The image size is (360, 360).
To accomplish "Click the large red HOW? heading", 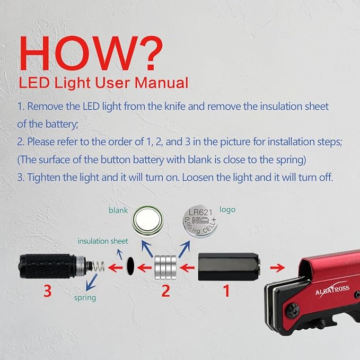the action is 91,53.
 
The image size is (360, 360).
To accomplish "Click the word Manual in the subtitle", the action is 161,83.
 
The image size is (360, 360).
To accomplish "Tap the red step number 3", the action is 47,291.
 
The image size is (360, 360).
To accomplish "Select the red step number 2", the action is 165,291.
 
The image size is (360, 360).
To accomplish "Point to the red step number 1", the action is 226,291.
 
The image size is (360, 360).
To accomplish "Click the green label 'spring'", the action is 85,298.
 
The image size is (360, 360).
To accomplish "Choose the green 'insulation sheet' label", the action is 103,241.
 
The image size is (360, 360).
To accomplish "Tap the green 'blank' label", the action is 118,210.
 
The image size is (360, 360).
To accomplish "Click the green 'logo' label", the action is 227,209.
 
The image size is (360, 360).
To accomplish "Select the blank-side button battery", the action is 147,221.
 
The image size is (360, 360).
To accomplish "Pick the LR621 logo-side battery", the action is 200,221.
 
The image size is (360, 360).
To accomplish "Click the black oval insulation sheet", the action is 130,266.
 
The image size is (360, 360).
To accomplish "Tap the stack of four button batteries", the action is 165,267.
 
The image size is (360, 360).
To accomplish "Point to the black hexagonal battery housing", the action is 229,267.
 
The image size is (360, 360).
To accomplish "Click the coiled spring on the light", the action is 98,267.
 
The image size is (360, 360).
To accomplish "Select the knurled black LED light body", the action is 47,266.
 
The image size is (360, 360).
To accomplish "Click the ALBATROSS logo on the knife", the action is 332,289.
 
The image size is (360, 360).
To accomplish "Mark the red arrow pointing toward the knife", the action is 278,268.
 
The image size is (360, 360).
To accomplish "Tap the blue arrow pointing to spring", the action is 91,282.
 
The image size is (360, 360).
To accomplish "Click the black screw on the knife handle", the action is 292,310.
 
